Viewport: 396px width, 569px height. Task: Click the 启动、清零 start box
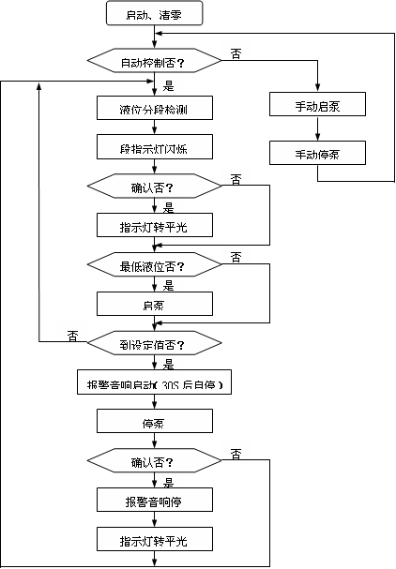coord(154,15)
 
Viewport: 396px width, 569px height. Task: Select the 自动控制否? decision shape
coord(154,63)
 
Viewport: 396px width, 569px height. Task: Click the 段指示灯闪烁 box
coord(154,147)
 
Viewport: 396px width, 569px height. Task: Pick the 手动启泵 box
coord(317,105)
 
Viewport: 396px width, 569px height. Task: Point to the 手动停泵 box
coord(317,152)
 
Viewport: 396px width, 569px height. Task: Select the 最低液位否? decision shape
coord(154,266)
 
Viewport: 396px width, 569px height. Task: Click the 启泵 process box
coord(154,305)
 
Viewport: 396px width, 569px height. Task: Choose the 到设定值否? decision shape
coord(154,344)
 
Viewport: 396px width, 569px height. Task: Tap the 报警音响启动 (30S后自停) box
coord(154,384)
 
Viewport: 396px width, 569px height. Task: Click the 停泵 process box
coord(154,421)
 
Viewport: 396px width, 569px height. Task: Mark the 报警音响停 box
coord(154,501)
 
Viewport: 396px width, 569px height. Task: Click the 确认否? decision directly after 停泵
coord(154,461)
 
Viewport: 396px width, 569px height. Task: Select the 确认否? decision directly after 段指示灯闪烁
coord(154,187)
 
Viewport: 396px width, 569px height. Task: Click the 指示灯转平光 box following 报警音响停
coord(154,541)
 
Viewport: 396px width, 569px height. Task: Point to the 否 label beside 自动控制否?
coord(235,55)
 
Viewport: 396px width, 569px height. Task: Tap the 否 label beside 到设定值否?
coord(72,335)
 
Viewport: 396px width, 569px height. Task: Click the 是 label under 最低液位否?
coord(169,286)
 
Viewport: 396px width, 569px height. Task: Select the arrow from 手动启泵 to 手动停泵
coord(317,128)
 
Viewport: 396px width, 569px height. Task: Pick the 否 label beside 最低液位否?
coord(236,257)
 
